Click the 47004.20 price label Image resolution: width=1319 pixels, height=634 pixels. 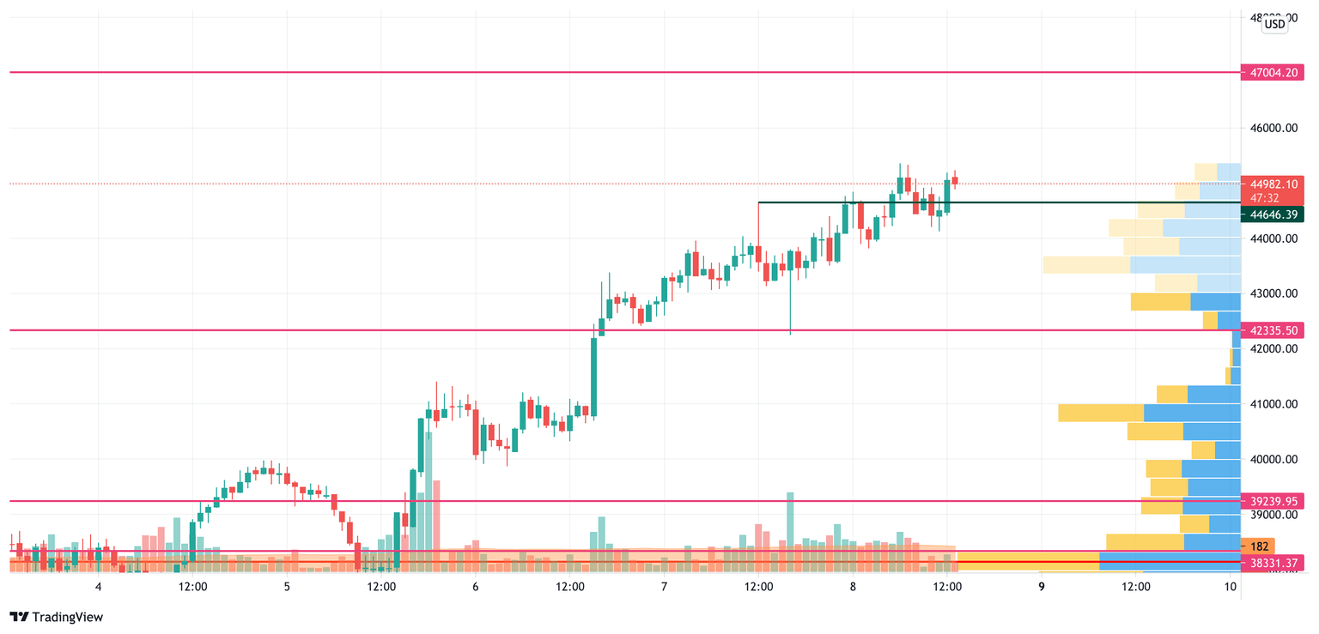[x=1274, y=73]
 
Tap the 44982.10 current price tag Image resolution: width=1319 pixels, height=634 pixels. [x=1274, y=184]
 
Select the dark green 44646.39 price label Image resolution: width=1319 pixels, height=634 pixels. [x=1274, y=214]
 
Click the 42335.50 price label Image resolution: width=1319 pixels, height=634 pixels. [x=1274, y=330]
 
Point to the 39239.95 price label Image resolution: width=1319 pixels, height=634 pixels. [x=1274, y=501]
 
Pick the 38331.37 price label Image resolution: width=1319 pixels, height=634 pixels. [x=1274, y=563]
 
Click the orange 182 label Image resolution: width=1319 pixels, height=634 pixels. [x=1260, y=546]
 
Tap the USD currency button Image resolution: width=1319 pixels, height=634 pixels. [x=1274, y=24]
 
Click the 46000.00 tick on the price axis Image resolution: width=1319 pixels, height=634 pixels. [x=1273, y=129]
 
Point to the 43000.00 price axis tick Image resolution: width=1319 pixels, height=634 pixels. [x=1273, y=294]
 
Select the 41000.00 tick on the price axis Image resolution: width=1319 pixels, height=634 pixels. [x=1273, y=404]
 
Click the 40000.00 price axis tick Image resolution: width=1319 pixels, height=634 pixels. [x=1273, y=460]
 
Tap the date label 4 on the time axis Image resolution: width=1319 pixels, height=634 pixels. [x=99, y=587]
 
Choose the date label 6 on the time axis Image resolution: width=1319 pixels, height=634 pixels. [x=475, y=587]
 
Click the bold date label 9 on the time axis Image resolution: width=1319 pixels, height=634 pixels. [x=1041, y=587]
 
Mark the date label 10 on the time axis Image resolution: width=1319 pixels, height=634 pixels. [x=1231, y=587]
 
